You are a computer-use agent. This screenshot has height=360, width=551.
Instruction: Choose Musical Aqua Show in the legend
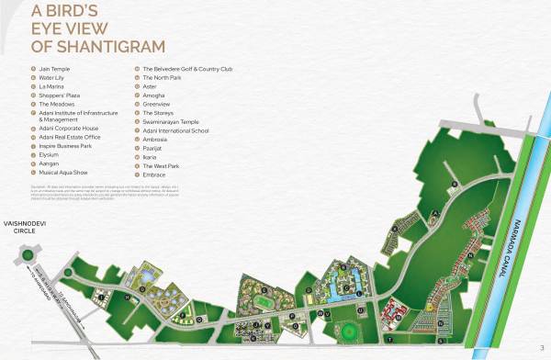pos(65,173)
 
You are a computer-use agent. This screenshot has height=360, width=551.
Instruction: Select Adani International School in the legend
pos(176,129)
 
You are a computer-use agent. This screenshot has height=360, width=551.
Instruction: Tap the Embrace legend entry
pos(154,173)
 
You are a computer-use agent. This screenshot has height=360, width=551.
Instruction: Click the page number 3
pos(542,345)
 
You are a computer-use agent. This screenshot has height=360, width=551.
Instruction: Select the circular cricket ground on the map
pos(350,330)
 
